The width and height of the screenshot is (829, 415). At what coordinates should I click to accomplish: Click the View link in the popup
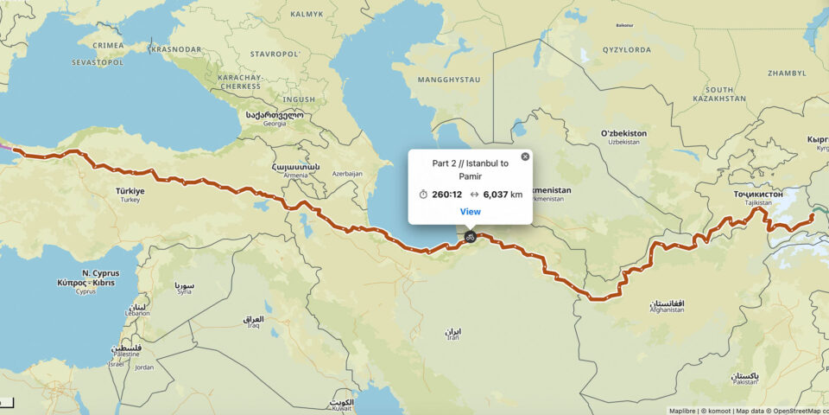[x=470, y=212]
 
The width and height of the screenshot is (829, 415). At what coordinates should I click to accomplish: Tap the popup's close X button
[x=525, y=156]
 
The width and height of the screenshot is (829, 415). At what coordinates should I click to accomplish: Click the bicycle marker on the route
[x=470, y=236]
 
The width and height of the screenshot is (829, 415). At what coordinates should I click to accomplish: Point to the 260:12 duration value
[x=446, y=195]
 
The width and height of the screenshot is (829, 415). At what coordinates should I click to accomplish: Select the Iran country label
[x=452, y=333]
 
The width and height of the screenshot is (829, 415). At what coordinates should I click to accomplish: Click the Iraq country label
[x=253, y=322]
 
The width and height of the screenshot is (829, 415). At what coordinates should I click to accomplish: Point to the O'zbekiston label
[x=623, y=134]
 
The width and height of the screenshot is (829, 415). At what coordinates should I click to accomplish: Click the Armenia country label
[x=295, y=169]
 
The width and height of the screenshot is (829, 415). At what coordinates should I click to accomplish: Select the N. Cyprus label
[x=96, y=273]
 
